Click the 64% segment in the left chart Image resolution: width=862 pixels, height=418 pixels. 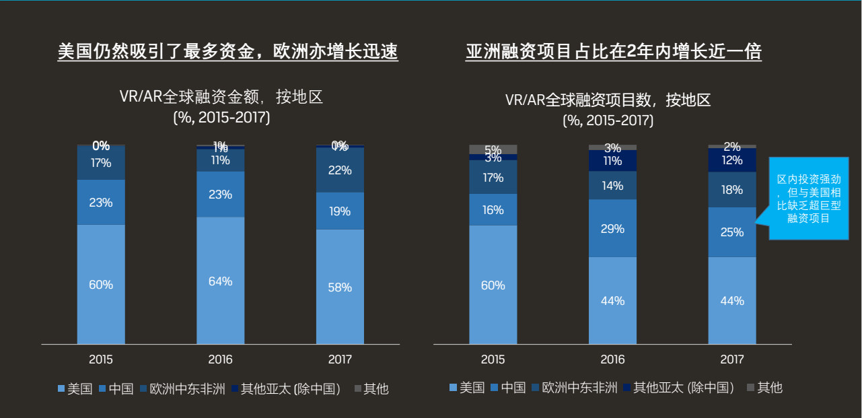tap(220, 281)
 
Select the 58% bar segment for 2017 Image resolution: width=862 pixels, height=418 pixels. tap(340, 287)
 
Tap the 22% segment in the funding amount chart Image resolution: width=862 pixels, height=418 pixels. tap(340, 170)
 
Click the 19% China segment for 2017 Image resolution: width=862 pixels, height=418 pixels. tap(340, 211)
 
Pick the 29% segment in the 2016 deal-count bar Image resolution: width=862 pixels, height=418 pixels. tap(612, 228)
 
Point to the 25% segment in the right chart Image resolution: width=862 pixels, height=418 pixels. tap(732, 232)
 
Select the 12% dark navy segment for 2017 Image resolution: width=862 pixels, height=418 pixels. tap(732, 160)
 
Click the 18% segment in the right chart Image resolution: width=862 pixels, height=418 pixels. tap(732, 190)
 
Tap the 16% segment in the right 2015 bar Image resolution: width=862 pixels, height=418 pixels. tap(493, 209)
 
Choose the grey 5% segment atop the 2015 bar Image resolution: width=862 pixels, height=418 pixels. tap(493, 149)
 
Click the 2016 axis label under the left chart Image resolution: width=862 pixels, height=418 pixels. tap(220, 359)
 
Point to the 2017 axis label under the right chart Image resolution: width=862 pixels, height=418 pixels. tap(732, 359)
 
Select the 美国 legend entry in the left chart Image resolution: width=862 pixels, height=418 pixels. tap(75, 389)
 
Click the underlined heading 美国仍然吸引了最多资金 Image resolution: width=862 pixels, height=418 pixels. tap(227, 52)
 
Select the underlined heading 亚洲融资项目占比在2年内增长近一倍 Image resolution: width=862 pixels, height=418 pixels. tap(613, 52)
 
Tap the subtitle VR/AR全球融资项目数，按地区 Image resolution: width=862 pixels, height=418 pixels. tap(608, 101)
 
